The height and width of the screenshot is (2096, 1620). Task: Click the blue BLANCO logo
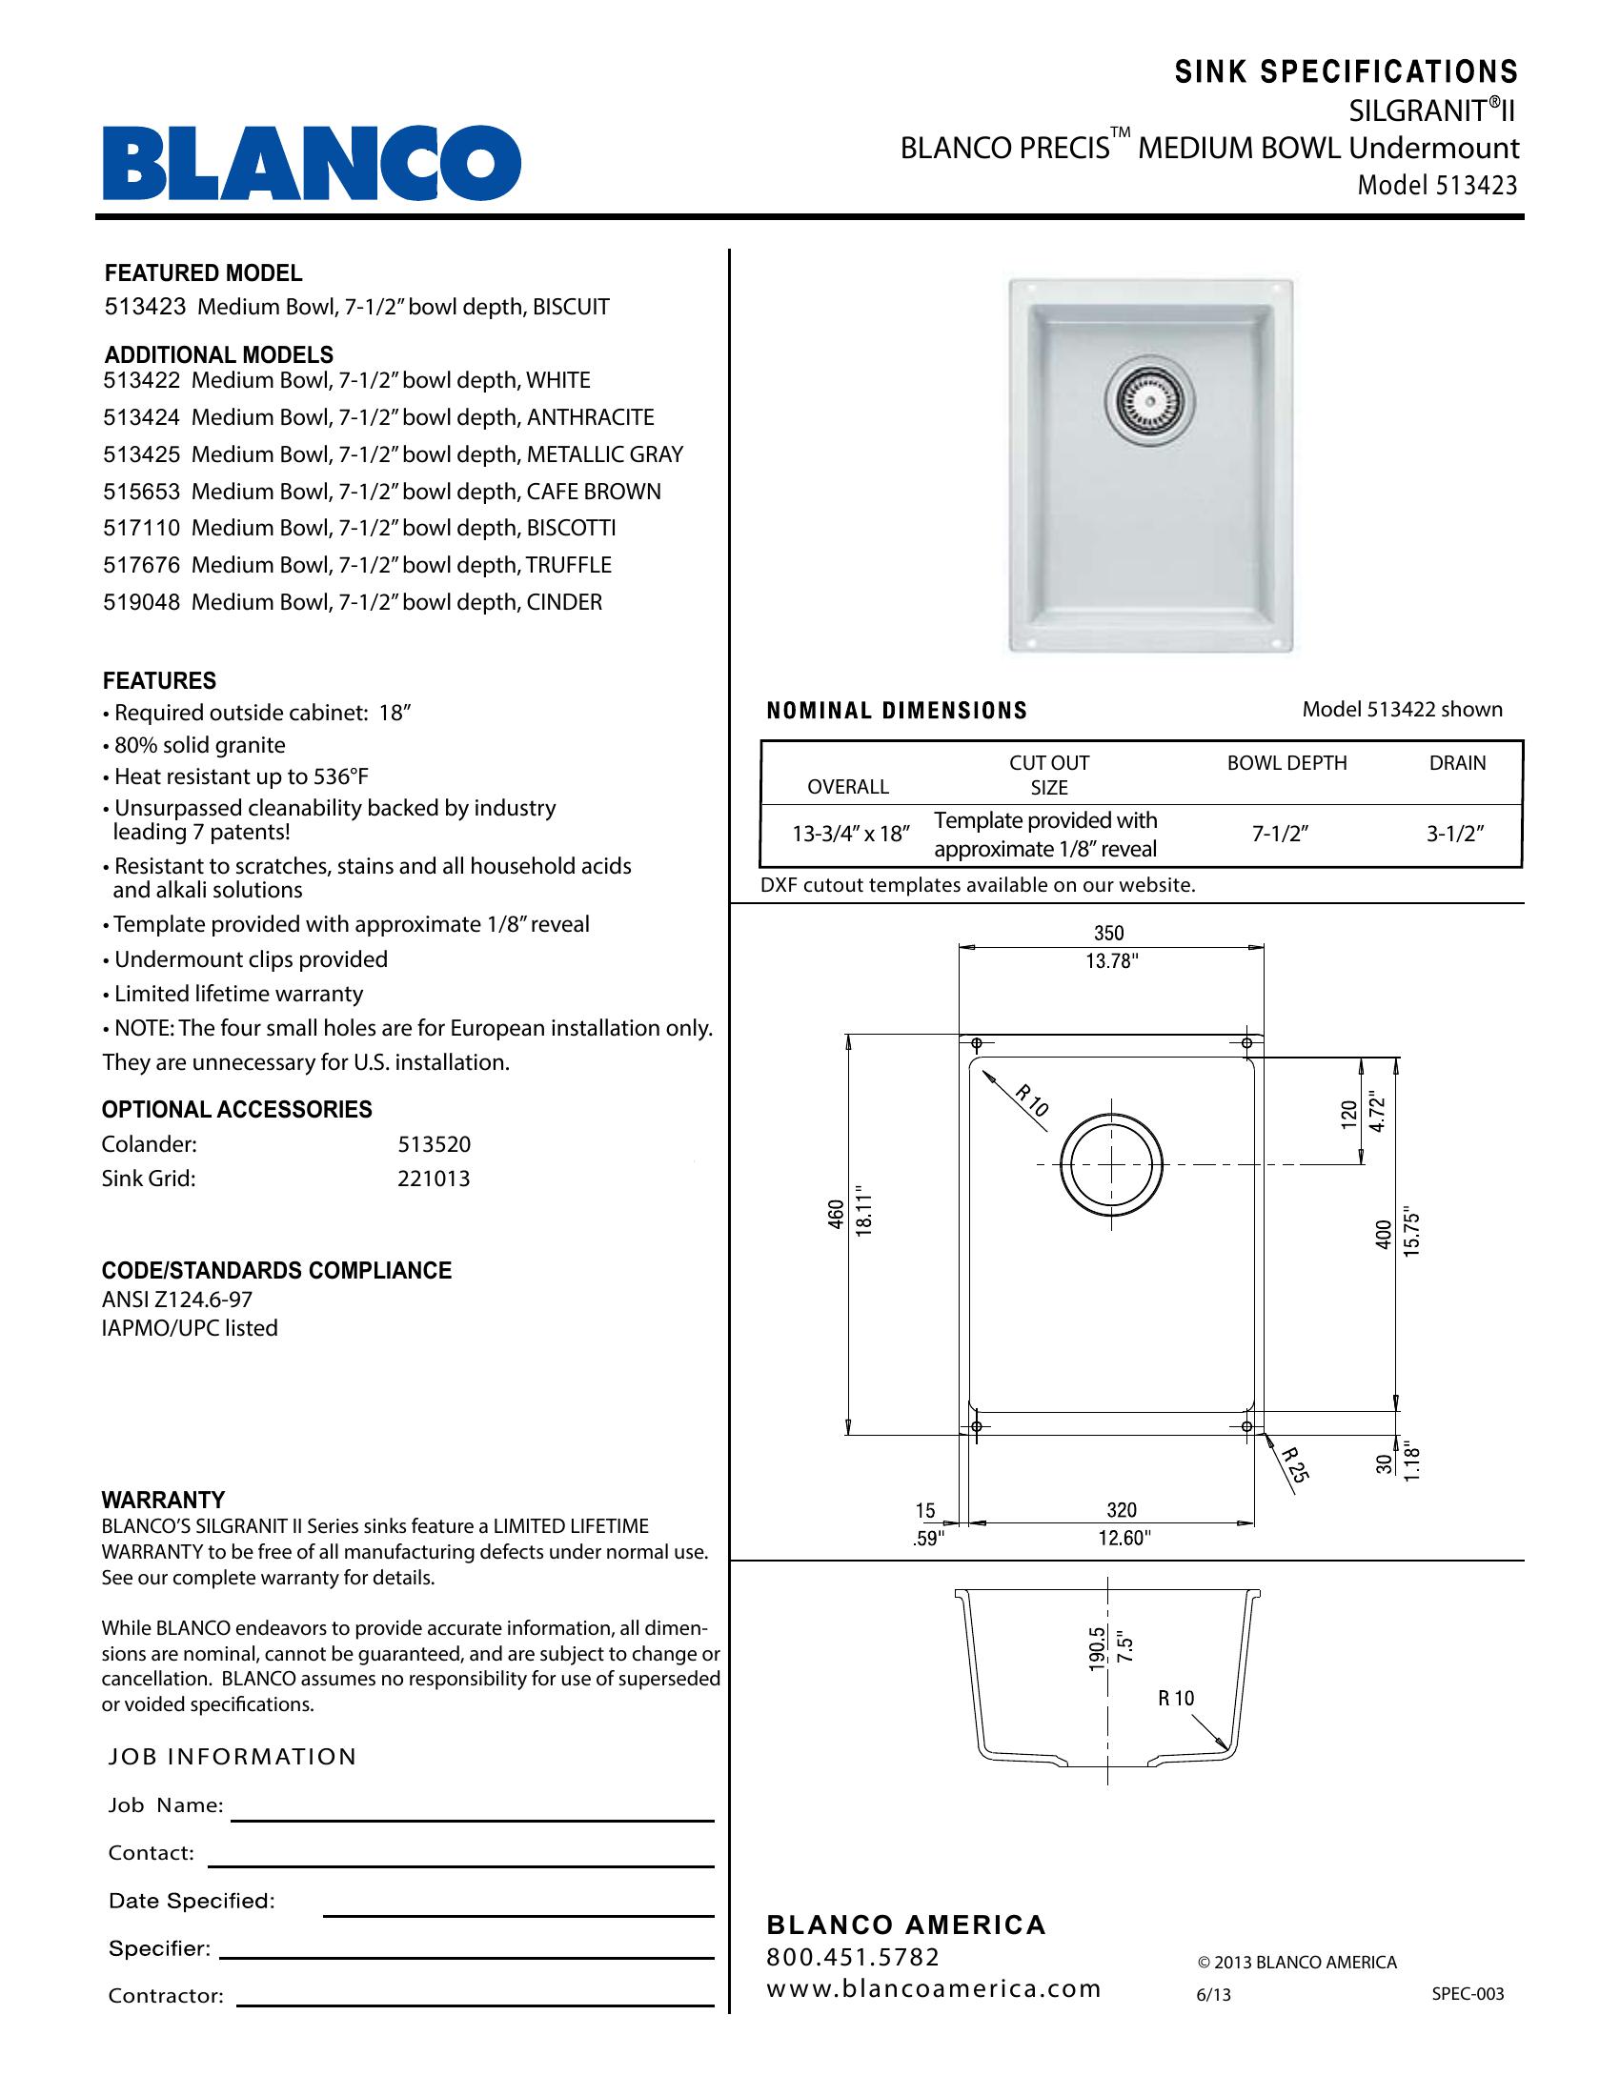click(x=312, y=162)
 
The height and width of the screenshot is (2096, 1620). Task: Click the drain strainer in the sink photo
click(x=1150, y=402)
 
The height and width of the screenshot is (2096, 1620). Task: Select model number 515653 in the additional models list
click(x=141, y=492)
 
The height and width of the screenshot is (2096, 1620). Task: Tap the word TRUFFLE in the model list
click(x=568, y=565)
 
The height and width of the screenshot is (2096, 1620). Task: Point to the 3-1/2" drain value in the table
click(x=1455, y=834)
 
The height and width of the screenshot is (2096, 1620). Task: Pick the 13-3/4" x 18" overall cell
click(x=849, y=834)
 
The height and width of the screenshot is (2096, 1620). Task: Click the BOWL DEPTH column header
click(x=1286, y=763)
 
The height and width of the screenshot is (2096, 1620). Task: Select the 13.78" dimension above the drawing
click(x=1111, y=960)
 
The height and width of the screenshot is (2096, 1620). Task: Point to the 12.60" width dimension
click(x=1124, y=1539)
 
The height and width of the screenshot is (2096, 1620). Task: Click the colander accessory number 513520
click(x=434, y=1145)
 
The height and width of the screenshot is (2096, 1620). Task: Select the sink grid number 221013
click(x=434, y=1179)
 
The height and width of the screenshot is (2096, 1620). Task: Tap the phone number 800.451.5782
click(x=852, y=1957)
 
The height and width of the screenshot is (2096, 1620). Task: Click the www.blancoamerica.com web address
click(x=933, y=1988)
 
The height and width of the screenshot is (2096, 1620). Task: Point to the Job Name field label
click(x=165, y=1806)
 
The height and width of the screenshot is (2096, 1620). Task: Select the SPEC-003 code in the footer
click(x=1468, y=1994)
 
